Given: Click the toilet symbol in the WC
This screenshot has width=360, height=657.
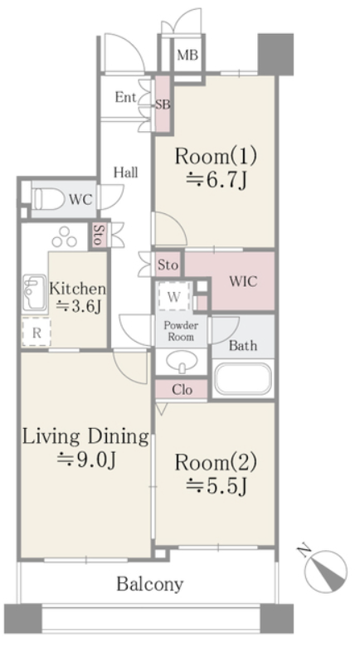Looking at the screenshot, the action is (x=48, y=198).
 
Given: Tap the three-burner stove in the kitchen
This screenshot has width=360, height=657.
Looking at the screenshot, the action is (x=65, y=237).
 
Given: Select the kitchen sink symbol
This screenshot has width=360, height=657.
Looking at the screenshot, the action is (x=34, y=293).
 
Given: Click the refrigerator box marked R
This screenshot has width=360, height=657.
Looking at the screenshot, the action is (x=36, y=333).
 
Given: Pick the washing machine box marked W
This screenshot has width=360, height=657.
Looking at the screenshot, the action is (x=173, y=296).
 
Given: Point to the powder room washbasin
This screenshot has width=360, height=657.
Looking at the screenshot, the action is (x=182, y=361).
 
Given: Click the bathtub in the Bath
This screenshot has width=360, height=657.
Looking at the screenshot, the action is (x=243, y=380).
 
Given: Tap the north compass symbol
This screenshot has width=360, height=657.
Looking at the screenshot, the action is (x=325, y=569).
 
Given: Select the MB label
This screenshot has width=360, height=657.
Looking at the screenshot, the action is (x=187, y=55).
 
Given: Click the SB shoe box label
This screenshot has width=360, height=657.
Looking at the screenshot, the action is (x=163, y=105).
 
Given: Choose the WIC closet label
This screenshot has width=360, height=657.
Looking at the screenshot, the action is (x=243, y=281).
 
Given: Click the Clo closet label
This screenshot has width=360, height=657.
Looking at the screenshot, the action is (x=182, y=390).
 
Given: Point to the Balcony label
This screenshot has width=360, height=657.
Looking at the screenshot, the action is (x=149, y=584).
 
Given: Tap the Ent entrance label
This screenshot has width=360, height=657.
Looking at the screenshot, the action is (x=125, y=98).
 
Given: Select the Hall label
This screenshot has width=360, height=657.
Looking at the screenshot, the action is (x=126, y=172).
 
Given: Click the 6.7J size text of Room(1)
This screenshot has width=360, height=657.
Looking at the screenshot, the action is (x=216, y=181).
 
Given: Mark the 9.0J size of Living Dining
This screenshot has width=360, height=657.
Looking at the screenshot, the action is (x=86, y=460).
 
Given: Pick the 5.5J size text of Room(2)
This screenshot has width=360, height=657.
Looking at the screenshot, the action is (x=216, y=485).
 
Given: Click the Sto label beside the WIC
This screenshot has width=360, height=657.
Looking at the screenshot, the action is (x=168, y=265).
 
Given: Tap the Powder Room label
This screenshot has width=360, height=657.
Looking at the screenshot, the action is (x=181, y=331).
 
